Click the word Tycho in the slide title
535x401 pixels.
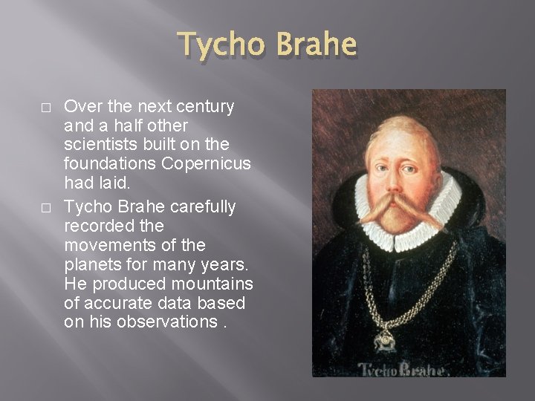click(x=221, y=46)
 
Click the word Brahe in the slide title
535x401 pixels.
click(x=314, y=46)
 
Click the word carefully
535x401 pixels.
click(x=201, y=206)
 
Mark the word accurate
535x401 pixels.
click(x=117, y=303)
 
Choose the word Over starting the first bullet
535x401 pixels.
click(x=80, y=107)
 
